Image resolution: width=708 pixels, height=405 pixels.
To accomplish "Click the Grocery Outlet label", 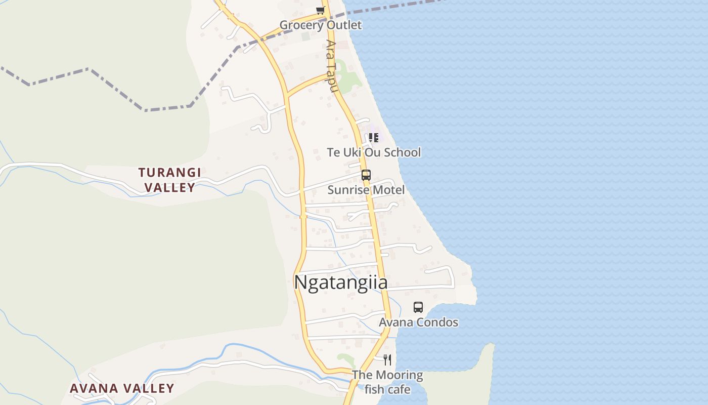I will [x=321, y=25].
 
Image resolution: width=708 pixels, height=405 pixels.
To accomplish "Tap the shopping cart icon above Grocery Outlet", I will [x=320, y=10].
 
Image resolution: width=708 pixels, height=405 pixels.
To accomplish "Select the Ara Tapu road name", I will [x=331, y=66].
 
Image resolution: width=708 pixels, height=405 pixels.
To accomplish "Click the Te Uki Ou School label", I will [x=374, y=152].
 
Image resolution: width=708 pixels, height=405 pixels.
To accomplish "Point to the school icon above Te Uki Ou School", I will [x=374, y=137].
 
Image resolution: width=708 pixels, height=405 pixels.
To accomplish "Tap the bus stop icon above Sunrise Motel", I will [x=366, y=175].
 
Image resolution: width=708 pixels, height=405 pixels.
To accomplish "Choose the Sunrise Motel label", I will [x=366, y=190].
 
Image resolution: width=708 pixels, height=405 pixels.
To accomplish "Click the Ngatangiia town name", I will [x=341, y=282].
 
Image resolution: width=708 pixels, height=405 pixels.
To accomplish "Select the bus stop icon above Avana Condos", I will [x=418, y=307].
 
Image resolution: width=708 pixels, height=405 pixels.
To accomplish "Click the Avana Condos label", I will [x=419, y=322].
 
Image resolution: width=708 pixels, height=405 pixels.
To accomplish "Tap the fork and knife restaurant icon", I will [x=387, y=360].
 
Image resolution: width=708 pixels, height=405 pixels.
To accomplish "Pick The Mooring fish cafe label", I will [x=387, y=382].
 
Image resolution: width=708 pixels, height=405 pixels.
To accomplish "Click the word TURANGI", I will [x=170, y=173].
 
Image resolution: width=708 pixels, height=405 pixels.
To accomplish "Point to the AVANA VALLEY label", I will [x=122, y=389].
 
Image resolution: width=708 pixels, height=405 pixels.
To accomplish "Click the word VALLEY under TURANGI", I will [x=170, y=187].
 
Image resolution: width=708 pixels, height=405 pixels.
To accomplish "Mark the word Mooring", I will [x=398, y=375].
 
